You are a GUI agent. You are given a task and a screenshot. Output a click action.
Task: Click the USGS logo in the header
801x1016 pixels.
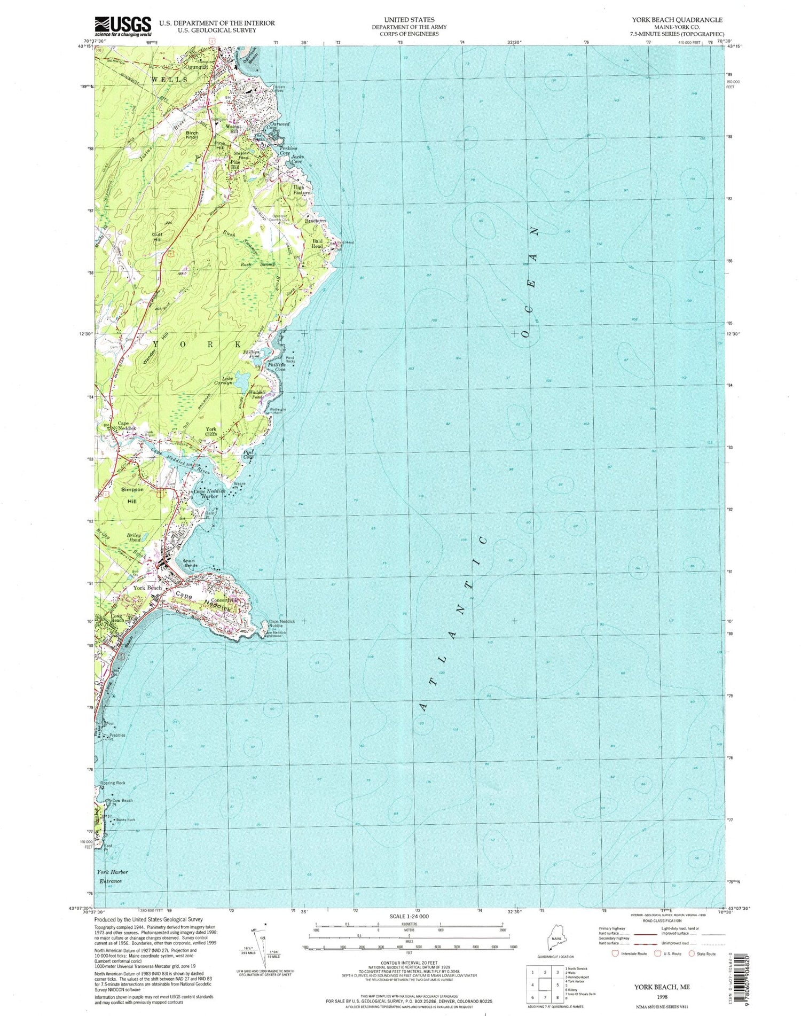click(x=123, y=26)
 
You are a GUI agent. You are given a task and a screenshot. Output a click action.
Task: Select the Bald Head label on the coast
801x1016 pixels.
click(x=317, y=244)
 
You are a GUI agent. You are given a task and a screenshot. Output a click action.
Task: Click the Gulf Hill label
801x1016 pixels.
click(x=157, y=237)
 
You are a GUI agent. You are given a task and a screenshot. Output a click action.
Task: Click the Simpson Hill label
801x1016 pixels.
click(x=132, y=495)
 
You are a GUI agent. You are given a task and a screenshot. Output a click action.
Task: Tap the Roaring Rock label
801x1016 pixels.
click(x=112, y=783)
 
